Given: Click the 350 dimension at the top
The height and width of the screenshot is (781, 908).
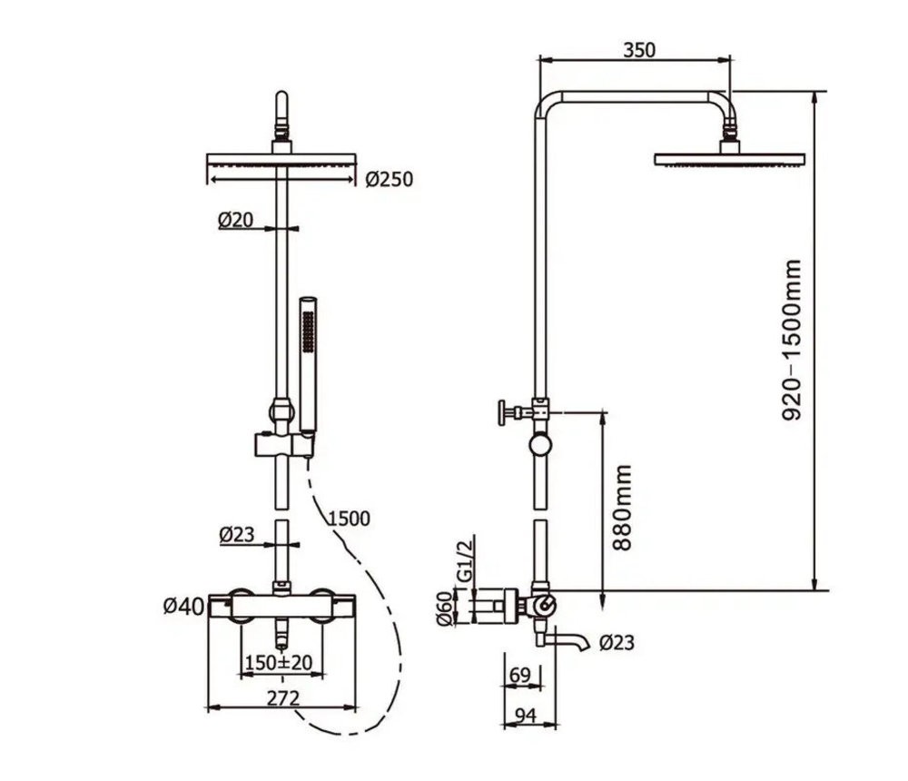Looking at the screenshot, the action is pyautogui.click(x=639, y=50).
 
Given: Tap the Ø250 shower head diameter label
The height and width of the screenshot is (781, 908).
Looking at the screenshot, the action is pyautogui.click(x=390, y=180).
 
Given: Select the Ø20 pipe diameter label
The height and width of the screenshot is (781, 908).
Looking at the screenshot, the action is pyautogui.click(x=236, y=220).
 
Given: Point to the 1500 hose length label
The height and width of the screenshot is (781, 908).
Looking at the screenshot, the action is pyautogui.click(x=349, y=518).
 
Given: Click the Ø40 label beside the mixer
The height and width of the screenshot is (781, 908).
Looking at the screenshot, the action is pyautogui.click(x=183, y=607).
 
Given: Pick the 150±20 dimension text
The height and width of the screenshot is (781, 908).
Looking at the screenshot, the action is pyautogui.click(x=279, y=662).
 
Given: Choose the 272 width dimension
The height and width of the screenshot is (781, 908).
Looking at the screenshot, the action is pyautogui.click(x=283, y=698).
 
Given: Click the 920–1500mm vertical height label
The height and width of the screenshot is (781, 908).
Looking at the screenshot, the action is pyautogui.click(x=792, y=340).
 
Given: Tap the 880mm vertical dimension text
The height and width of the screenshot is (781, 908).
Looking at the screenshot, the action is pyautogui.click(x=623, y=507).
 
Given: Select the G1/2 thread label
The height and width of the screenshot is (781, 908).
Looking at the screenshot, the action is pyautogui.click(x=465, y=559).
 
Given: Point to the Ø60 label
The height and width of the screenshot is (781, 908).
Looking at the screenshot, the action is pyautogui.click(x=445, y=608).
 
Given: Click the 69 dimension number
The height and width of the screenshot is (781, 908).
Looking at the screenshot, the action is pyautogui.click(x=519, y=675).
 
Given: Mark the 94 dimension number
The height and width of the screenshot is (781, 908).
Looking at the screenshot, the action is pyautogui.click(x=525, y=717).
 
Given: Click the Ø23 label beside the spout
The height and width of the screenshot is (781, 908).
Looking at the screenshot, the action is pyautogui.click(x=617, y=643).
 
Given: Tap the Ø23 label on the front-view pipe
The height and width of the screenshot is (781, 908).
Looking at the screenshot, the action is pyautogui.click(x=237, y=534).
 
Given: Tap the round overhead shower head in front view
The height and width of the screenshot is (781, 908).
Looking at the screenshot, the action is pyautogui.click(x=281, y=161).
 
